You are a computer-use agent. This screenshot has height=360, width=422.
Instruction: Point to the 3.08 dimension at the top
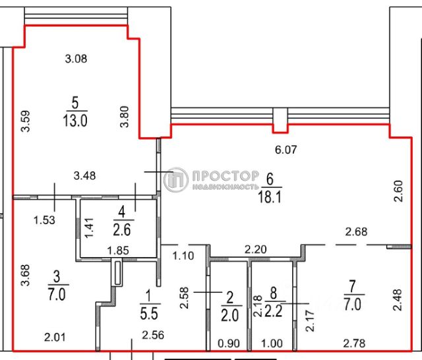click(x=76, y=59)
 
